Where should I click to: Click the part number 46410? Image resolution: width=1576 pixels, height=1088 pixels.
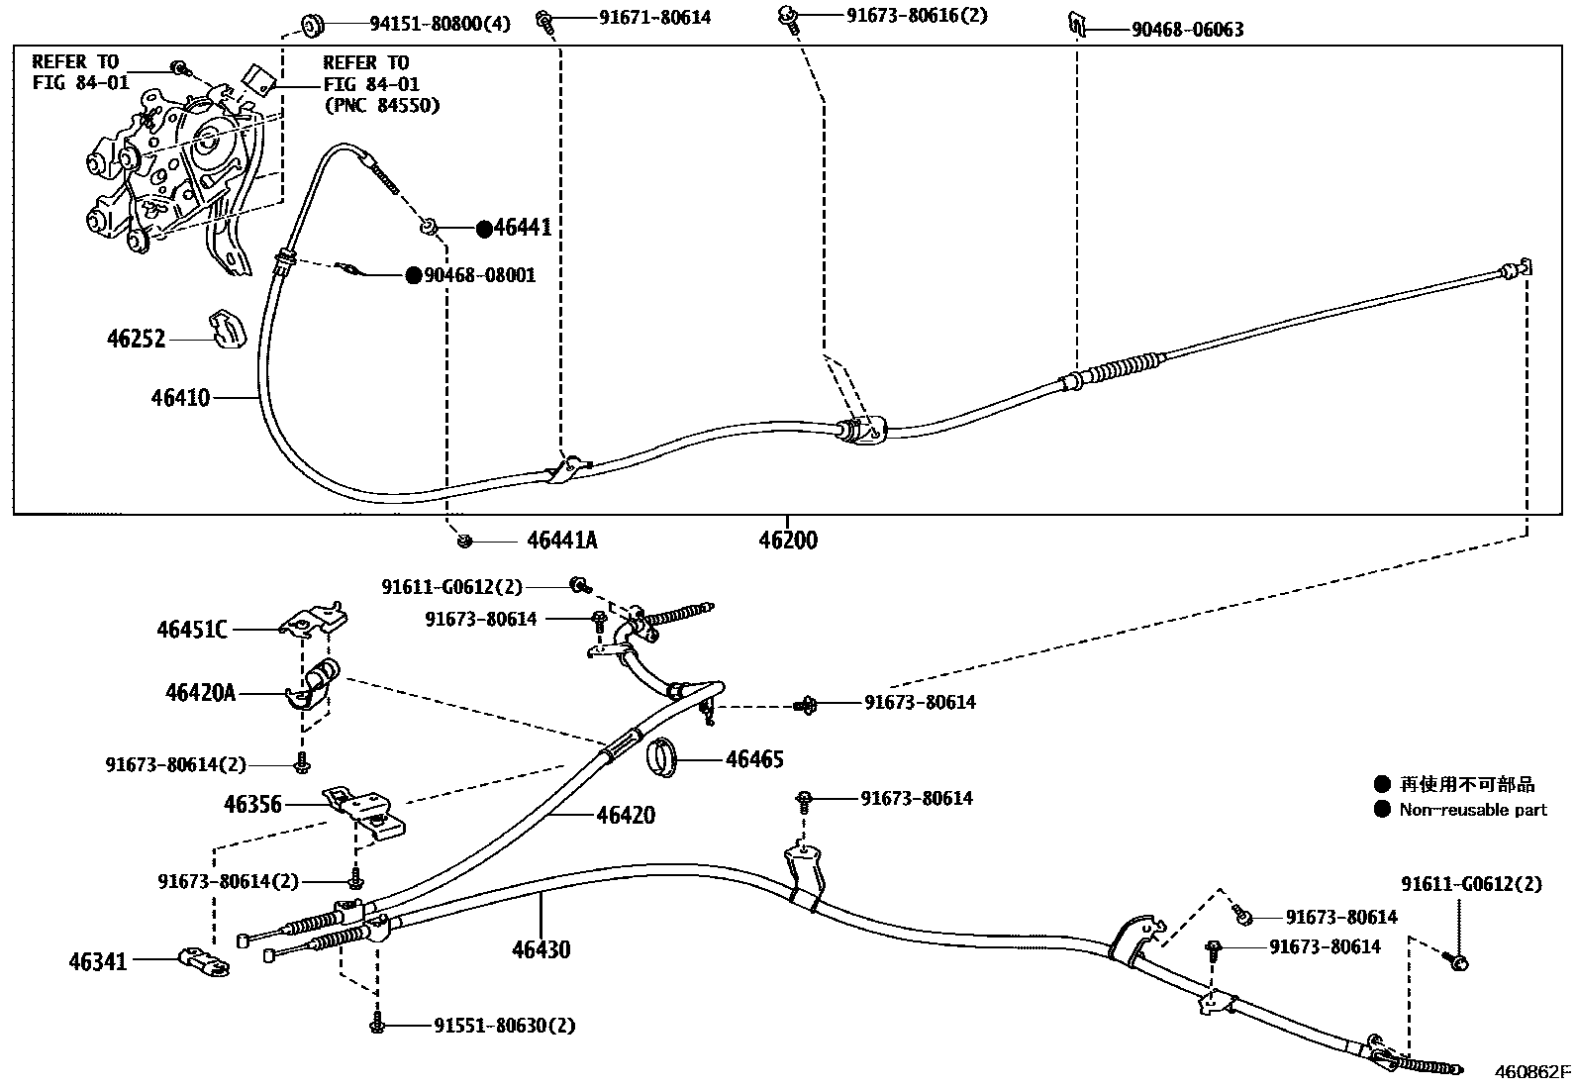coord(180,398)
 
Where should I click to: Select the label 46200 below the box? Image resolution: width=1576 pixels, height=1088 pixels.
coord(788,541)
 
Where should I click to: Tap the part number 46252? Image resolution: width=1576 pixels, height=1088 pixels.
coord(136,340)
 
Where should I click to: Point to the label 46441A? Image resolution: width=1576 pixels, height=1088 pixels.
coord(561,541)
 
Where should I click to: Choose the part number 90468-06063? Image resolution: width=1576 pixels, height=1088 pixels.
coord(1187,30)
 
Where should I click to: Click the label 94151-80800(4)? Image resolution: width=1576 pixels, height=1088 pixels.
coord(427,24)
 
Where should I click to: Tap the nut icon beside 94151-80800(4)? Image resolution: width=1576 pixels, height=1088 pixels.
coord(308,22)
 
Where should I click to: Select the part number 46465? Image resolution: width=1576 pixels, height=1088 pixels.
coord(754,759)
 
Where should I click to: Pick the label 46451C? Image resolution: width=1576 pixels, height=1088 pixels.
coord(191,629)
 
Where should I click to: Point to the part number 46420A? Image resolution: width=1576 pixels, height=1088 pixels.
coord(200,693)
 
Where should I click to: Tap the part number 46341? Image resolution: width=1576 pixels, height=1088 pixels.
coord(98,960)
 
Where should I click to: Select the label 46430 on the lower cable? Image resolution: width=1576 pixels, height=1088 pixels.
coord(541,950)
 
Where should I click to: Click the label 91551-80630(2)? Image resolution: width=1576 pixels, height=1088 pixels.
coord(504,1026)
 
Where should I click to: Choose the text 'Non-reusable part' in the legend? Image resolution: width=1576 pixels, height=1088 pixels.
coord(1472,810)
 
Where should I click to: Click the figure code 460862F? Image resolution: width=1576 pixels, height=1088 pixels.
coord(1531,1071)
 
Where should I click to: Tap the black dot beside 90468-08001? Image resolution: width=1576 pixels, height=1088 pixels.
coord(413,275)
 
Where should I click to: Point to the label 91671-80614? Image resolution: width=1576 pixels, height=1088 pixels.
coord(654,17)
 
